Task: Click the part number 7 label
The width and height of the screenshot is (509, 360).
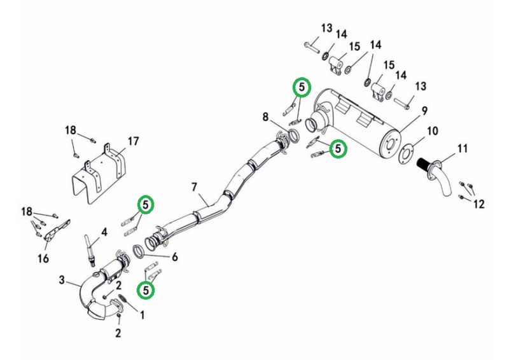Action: coord(194,187)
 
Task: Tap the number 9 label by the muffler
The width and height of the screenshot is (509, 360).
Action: coord(424,111)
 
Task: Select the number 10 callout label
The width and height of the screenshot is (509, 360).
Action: coord(433,131)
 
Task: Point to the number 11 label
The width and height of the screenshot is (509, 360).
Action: coord(463,149)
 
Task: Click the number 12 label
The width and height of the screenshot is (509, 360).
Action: coord(478,204)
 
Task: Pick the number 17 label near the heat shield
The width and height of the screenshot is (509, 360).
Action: coord(133,142)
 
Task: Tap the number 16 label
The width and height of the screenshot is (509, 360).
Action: coord(43,258)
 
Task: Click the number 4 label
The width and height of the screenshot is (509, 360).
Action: coord(104,232)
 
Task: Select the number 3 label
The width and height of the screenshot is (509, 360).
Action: coord(62,280)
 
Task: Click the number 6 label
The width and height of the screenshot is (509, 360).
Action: coord(174,257)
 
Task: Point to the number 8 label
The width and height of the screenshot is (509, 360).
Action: coord(265,117)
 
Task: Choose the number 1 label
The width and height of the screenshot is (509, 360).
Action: coord(142,315)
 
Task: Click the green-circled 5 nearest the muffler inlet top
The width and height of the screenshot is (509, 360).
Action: coord(302,87)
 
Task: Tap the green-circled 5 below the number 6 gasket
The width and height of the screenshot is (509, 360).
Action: coord(146,290)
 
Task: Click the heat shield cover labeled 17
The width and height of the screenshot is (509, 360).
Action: coord(97,176)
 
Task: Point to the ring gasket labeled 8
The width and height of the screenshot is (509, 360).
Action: coord(294,135)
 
